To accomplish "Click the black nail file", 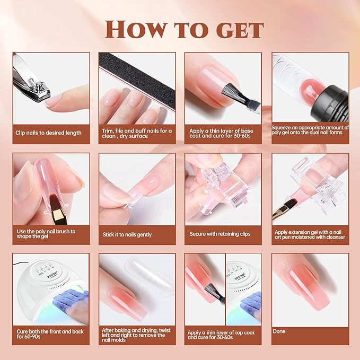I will click(135, 80).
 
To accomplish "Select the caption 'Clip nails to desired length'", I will click(49, 133).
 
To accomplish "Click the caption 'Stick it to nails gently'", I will click(127, 234).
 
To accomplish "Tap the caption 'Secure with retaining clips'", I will click(220, 234).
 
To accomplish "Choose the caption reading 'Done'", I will click(279, 331).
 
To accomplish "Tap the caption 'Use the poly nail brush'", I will click(47, 234).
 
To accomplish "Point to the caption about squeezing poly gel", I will click(310, 130).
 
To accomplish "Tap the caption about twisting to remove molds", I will click(134, 335).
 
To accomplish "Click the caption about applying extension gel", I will click(310, 234).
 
